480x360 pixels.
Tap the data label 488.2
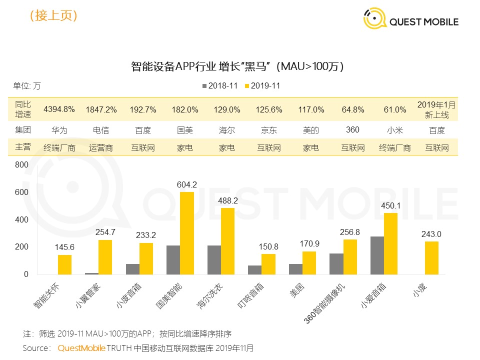tap(227, 199)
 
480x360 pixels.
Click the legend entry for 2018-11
tap(219, 86)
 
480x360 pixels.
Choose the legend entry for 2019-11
tap(261, 86)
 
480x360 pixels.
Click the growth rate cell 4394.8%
tap(59, 109)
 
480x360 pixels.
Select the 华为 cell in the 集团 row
tap(59, 130)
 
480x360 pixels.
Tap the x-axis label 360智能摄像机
tap(330, 302)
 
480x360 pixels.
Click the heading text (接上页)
tap(53, 15)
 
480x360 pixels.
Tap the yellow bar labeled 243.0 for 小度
tap(431, 257)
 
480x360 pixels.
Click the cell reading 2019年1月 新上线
tap(436, 109)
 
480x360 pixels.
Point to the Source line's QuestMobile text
tap(81, 347)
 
